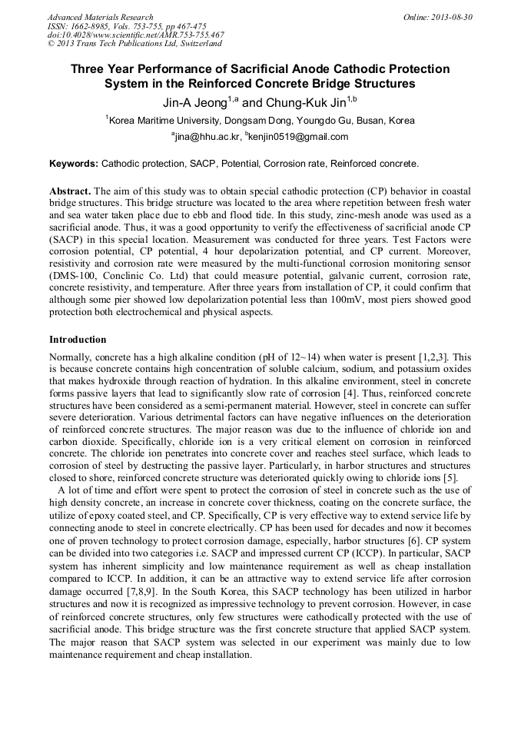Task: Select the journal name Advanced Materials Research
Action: coord(100,17)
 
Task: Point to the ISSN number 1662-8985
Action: coord(87,25)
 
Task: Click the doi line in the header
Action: coord(135,35)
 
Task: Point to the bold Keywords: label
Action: coord(74,164)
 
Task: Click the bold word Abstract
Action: coord(70,190)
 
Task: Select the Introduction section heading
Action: coord(78,339)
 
